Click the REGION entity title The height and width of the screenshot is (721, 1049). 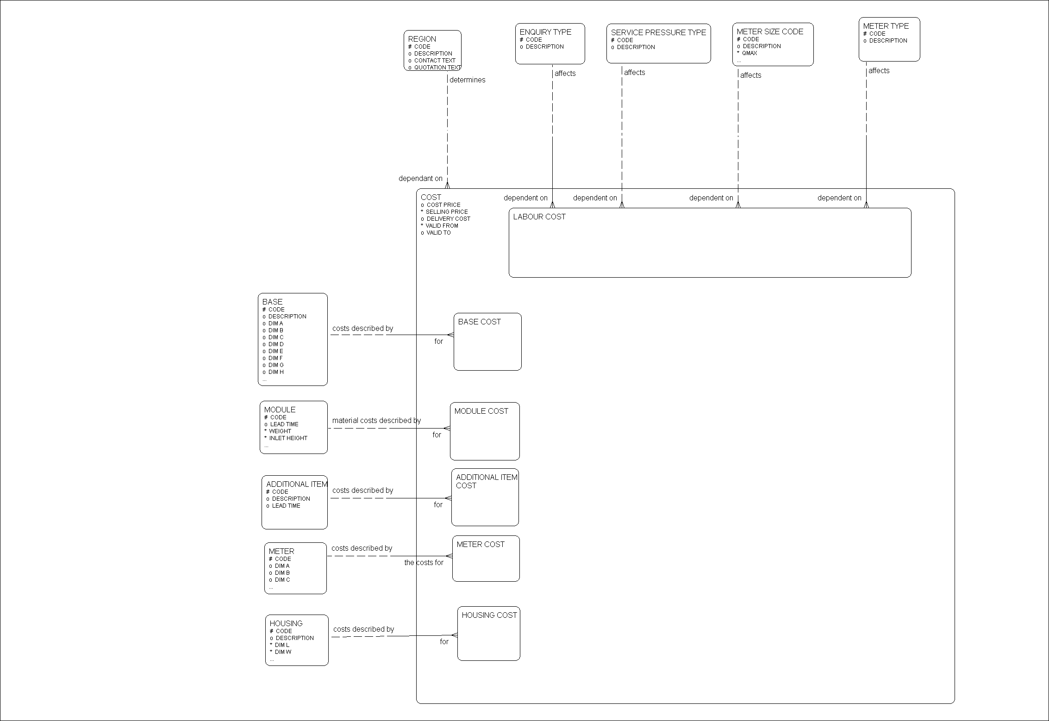click(422, 39)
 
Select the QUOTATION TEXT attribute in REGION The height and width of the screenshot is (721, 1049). click(437, 68)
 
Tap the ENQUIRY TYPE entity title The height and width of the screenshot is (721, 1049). click(545, 32)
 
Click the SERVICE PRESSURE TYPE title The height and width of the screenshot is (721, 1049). click(658, 32)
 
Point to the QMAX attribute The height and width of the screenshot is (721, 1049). click(749, 53)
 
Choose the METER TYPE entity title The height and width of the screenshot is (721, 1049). click(886, 26)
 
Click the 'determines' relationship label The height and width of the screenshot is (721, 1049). click(467, 80)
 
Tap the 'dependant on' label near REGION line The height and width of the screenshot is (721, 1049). click(420, 179)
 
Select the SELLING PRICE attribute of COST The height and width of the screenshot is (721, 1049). click(446, 212)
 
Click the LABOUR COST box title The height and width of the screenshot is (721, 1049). click(539, 217)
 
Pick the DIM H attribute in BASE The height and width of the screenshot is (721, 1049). click(276, 372)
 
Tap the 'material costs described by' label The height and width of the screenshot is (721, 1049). click(376, 421)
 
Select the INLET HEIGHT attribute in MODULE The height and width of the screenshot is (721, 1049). click(288, 438)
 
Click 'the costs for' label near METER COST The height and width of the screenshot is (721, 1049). click(424, 563)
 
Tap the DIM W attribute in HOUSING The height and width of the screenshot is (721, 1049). click(283, 652)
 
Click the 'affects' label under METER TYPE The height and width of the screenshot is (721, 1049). click(879, 71)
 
